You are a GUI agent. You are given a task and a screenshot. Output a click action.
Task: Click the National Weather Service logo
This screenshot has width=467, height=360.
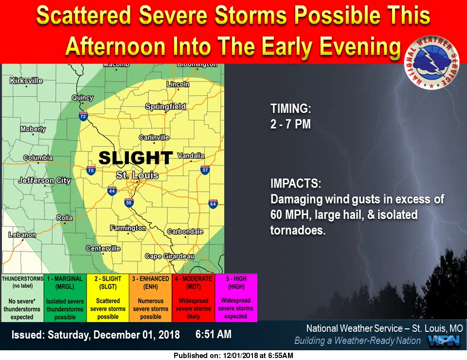tap(431, 62)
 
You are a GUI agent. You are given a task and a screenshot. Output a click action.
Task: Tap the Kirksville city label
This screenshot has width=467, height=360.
tap(26, 81)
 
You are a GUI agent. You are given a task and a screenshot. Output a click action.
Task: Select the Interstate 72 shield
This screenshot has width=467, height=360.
tap(83, 116)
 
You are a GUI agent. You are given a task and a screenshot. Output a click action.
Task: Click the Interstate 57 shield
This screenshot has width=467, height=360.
tap(205, 170)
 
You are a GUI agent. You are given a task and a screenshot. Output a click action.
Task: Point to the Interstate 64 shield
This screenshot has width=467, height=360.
tap(213, 204)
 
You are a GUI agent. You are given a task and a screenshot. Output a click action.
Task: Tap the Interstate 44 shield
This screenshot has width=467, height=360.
tap(112, 191)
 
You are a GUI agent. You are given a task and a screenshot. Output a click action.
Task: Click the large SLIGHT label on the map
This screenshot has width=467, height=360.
tap(136, 158)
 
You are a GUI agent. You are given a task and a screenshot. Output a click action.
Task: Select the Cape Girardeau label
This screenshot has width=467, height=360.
tap(169, 256)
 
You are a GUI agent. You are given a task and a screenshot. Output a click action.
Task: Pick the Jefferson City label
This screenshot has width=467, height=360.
tap(44, 180)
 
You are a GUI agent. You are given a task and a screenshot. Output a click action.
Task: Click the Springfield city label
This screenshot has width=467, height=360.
tap(165, 107)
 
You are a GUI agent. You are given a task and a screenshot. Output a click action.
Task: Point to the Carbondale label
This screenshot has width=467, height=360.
tap(185, 232)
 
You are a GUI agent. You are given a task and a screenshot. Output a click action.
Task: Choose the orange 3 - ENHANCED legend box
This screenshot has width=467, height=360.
tap(151, 298)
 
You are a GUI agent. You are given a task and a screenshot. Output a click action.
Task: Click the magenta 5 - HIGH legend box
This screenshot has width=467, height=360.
tap(236, 298)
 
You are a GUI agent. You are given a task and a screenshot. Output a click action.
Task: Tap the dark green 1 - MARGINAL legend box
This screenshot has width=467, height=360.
tap(65, 298)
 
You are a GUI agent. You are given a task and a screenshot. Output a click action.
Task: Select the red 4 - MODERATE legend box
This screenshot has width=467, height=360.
tap(193, 298)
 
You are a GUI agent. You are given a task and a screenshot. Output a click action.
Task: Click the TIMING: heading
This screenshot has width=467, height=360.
tap(291, 108)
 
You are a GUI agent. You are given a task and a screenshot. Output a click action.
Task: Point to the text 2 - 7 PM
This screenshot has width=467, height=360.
tap(291, 124)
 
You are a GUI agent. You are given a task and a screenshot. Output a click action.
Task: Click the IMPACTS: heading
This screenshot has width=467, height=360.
tap(296, 183)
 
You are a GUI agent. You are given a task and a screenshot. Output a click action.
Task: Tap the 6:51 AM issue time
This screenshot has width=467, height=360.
tap(214, 334)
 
